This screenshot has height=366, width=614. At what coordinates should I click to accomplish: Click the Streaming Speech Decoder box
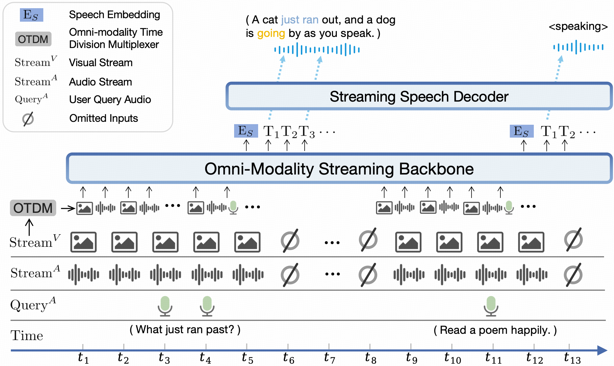(419, 96)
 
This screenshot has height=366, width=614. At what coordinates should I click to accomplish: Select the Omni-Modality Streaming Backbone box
(339, 169)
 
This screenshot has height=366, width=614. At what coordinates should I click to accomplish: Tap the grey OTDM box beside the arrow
(33, 208)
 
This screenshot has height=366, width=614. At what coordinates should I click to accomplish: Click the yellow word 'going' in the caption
(271, 33)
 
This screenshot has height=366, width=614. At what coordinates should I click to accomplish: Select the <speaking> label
(578, 26)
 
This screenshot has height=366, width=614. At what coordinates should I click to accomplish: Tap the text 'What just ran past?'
(185, 330)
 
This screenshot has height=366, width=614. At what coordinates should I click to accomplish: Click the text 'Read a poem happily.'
(495, 330)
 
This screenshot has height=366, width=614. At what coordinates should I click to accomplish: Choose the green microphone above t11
(491, 306)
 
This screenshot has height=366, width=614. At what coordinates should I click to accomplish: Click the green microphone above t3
(165, 306)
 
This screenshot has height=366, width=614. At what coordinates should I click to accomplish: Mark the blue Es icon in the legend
(31, 15)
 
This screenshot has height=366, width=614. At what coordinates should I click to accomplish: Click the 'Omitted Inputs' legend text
(103, 118)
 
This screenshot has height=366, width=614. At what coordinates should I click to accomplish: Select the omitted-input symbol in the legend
(28, 119)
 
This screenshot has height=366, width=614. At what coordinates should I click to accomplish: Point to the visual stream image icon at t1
(83, 242)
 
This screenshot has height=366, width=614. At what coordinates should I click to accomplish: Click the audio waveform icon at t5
(248, 274)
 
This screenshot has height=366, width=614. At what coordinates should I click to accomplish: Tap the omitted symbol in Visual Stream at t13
(573, 240)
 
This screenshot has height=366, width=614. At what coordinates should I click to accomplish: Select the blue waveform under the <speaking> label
(578, 47)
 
